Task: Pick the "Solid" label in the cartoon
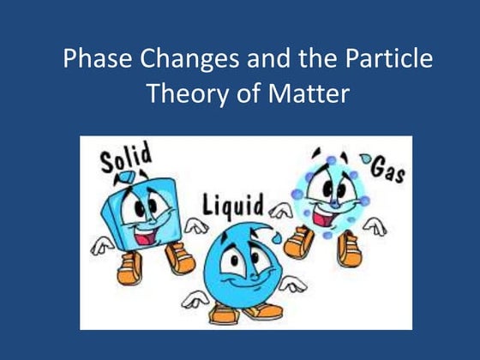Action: (x=126, y=160)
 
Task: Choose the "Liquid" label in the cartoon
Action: (x=233, y=207)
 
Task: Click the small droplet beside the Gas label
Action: (x=367, y=159)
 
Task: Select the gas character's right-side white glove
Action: (x=374, y=227)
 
